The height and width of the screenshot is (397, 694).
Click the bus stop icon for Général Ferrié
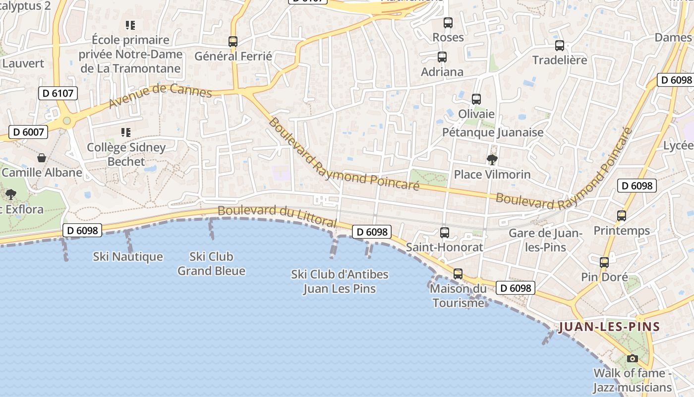pyautogui.click(x=233, y=41)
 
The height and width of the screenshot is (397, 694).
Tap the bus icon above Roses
pyautogui.click(x=448, y=23)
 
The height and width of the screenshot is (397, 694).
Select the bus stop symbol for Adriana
pyautogui.click(x=442, y=57)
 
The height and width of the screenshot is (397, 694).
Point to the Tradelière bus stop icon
pyautogui.click(x=560, y=46)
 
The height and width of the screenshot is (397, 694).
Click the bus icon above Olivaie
pyautogui.click(x=476, y=99)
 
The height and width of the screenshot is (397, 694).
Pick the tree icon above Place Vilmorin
pyautogui.click(x=492, y=160)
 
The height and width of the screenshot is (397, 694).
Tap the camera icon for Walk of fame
pyautogui.click(x=633, y=358)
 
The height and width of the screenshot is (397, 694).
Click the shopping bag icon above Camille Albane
pyautogui.click(x=42, y=158)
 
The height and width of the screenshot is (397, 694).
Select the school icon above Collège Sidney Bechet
pyautogui.click(x=126, y=132)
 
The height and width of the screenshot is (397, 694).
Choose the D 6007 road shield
pyautogui.click(x=28, y=132)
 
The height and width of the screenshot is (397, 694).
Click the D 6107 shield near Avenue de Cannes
pyautogui.click(x=58, y=93)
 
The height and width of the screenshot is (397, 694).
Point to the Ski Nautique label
pyautogui.click(x=128, y=257)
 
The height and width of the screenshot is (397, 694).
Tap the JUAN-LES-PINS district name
pyautogui.click(x=609, y=327)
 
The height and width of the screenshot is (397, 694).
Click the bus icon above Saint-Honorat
pyautogui.click(x=445, y=232)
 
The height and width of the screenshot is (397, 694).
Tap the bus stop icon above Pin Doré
pyautogui.click(x=604, y=263)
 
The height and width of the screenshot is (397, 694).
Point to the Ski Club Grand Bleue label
pyautogui.click(x=211, y=264)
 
